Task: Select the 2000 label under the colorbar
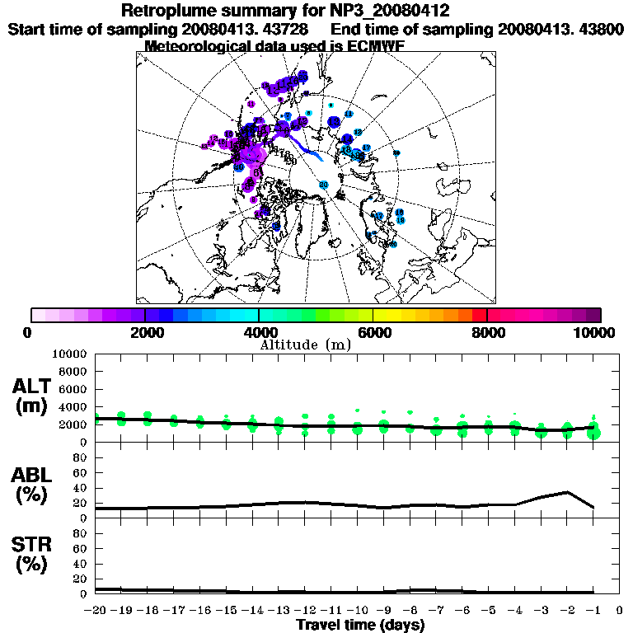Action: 144,332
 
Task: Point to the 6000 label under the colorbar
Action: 373,332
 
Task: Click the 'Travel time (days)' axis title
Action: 359,625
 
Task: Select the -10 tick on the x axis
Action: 357,611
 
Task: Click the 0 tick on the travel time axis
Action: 620,611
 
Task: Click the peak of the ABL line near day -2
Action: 567,492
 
